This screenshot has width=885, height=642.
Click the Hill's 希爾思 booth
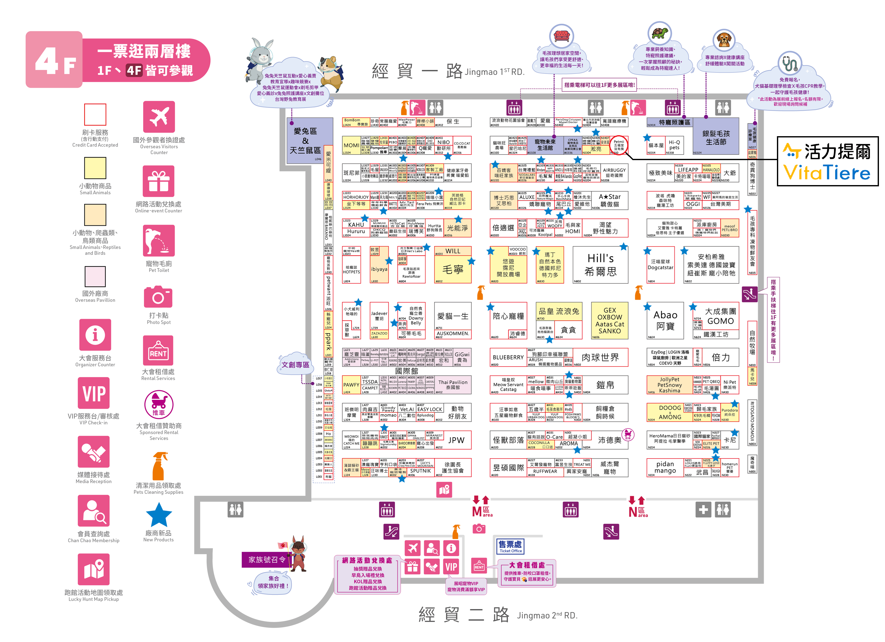600,265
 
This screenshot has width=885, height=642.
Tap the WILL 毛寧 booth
453,265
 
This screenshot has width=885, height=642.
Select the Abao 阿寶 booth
665,320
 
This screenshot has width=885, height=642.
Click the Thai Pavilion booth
453,385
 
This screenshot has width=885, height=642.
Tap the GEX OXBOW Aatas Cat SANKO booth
610,320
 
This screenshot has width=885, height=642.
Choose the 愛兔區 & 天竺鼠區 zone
306,140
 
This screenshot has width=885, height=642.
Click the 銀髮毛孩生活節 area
716,137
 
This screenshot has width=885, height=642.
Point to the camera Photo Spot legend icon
158,297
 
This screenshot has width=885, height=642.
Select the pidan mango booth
665,467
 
